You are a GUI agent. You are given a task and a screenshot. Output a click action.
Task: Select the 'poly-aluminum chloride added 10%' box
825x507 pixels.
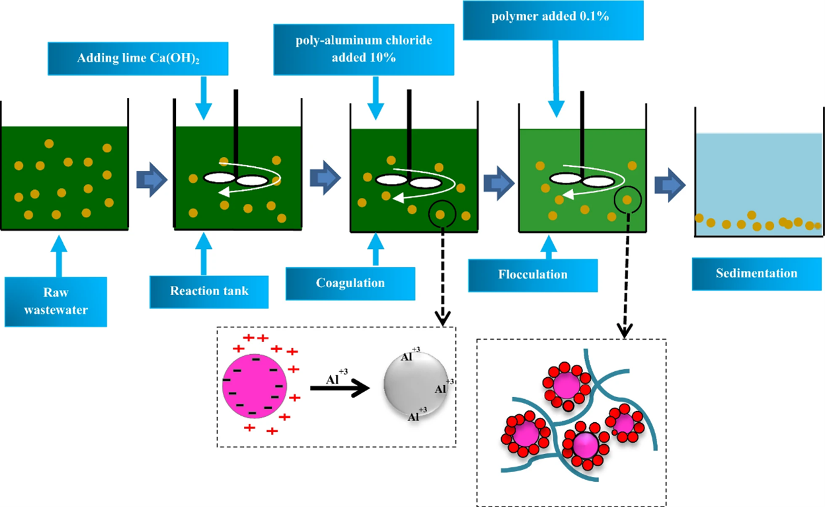364,50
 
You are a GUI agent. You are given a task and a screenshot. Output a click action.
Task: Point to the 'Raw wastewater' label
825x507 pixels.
56,301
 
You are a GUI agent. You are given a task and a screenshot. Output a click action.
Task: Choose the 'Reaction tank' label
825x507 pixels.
209,291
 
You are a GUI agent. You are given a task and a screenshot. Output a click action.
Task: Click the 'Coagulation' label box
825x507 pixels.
350,283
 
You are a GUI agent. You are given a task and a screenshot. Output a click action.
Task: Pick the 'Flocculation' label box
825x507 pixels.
533,275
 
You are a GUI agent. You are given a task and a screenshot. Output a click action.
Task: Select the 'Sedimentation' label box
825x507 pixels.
756,273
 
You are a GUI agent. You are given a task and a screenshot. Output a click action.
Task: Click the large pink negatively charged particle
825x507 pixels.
255,387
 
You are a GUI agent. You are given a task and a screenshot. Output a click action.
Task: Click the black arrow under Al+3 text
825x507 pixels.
338,389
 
